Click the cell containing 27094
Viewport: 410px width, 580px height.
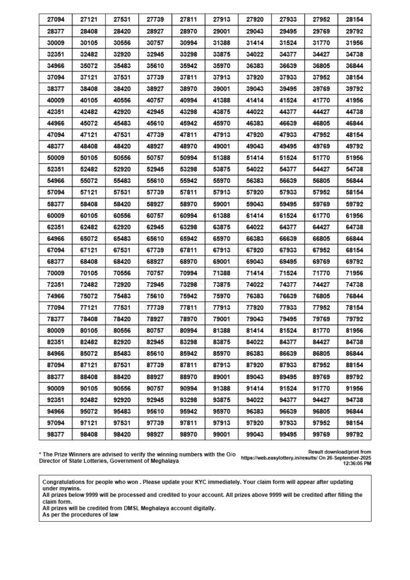click(x=55, y=19)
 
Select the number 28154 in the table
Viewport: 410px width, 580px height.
click(x=355, y=19)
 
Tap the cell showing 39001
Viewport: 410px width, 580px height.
click(x=221, y=88)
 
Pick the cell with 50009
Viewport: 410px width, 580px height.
click(x=55, y=157)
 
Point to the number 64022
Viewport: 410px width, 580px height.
click(x=255, y=227)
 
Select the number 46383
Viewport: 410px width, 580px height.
click(x=255, y=123)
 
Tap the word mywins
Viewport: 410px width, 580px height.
click(x=69, y=488)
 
